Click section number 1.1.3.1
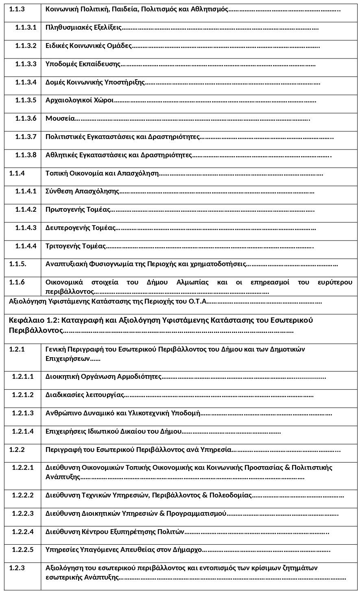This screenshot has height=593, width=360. tap(26, 28)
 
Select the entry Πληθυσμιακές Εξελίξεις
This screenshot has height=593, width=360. tap(83, 28)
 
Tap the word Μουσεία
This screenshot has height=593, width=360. tap(60, 118)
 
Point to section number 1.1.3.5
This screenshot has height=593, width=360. tap(26, 100)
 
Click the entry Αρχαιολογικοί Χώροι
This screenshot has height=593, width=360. tap(79, 100)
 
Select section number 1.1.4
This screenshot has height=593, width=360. tap(17, 173)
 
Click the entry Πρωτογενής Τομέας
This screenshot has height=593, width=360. tap(78, 209)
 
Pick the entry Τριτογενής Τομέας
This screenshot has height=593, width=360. tap(76, 246)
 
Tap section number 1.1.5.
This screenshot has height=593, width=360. tap(18, 264)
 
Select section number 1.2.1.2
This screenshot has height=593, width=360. tap(23, 395)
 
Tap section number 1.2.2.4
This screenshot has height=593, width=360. tap(23, 531)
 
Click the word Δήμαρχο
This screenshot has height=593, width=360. tap(189, 550)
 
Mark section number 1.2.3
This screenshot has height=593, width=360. tap(17, 568)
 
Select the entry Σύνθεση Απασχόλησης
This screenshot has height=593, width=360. tap(82, 191)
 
